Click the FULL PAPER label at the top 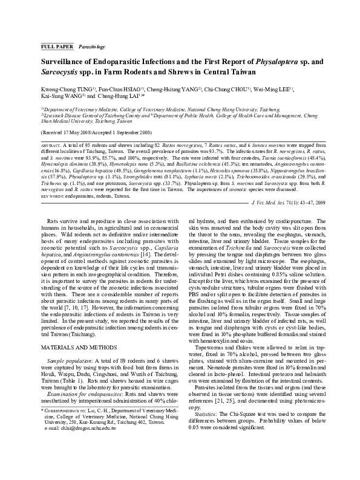pos(56,46)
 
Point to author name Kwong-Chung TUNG pos(64,87)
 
